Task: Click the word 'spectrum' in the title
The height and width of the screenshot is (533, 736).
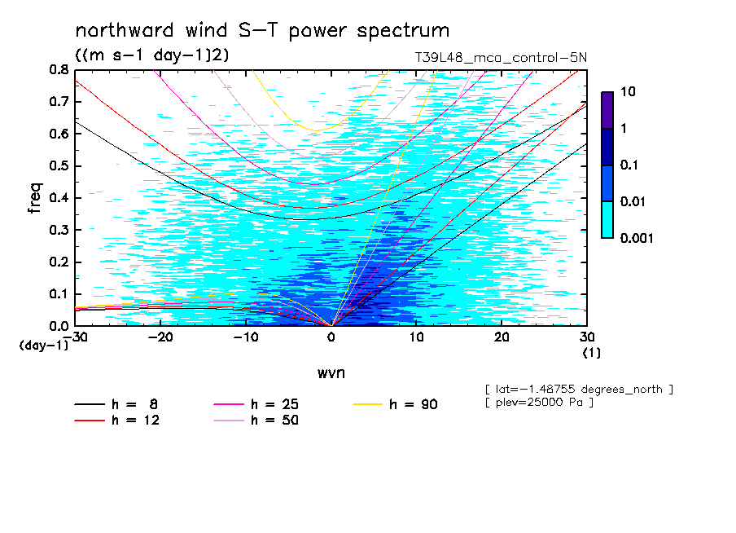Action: [403, 31]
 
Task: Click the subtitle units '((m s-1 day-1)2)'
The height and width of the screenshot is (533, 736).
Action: [152, 55]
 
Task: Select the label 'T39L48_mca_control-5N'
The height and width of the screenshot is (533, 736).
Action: [501, 58]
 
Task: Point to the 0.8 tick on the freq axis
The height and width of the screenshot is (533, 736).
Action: [59, 69]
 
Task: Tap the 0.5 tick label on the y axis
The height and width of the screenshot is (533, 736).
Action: [59, 166]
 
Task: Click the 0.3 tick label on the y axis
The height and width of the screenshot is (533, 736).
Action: [59, 230]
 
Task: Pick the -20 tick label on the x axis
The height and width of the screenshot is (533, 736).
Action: [160, 337]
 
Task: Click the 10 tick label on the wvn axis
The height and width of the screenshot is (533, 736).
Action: [416, 337]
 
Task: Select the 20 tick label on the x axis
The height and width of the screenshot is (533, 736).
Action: [502, 337]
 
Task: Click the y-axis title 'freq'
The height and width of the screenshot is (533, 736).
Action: [35, 198]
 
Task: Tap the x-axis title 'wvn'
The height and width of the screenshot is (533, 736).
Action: [331, 373]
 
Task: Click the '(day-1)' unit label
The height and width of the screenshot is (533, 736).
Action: [44, 346]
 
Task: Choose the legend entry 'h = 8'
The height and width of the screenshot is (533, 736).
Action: [116, 404]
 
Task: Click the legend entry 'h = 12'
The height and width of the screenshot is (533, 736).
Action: [117, 420]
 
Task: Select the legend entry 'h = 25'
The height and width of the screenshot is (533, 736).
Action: [256, 404]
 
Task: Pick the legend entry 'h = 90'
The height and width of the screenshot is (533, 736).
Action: [395, 404]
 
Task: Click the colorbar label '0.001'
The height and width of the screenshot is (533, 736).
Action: [637, 238]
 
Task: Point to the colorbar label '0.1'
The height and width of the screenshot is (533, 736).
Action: [629, 165]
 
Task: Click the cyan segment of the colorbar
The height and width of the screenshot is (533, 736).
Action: [607, 220]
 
